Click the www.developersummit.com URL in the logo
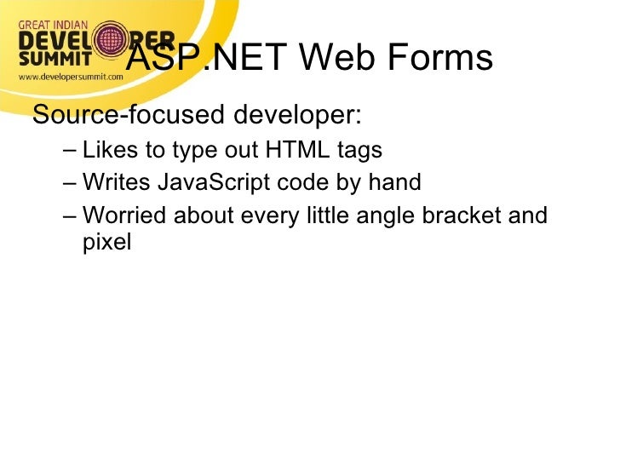tap(71, 76)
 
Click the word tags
tap(359, 151)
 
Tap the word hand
tap(395, 183)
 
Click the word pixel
tap(107, 243)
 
